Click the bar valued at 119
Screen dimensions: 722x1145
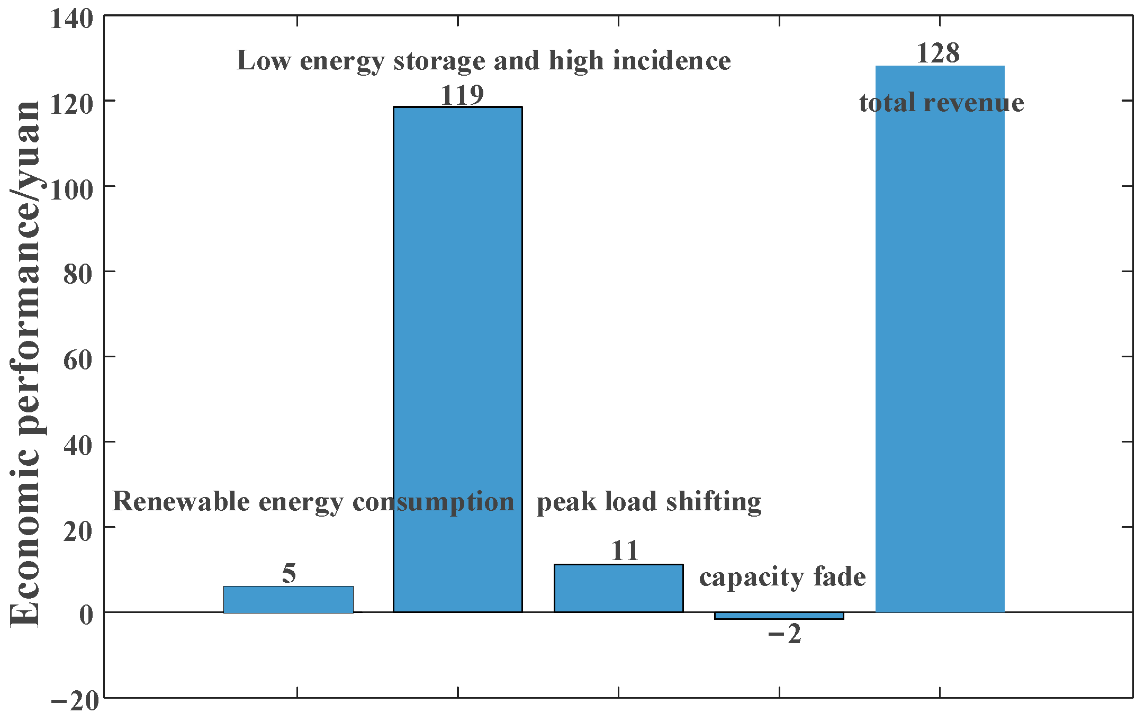pos(457,360)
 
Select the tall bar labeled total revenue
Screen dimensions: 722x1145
pos(940,339)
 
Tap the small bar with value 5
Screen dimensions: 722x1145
pos(288,599)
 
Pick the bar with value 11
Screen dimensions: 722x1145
pos(618,588)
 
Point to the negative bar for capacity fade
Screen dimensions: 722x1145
pos(779,616)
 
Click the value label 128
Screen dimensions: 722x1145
pos(937,53)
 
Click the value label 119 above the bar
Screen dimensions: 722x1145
pos(462,95)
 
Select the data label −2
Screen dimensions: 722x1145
pos(785,634)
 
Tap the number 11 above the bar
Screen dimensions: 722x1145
pos(625,550)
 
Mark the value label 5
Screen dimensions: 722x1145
pos(289,573)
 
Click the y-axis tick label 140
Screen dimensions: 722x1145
pos(71,20)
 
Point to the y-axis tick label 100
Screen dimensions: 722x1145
pos(71,189)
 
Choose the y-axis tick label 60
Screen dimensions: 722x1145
pos(78,360)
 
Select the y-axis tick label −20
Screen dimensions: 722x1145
pos(75,701)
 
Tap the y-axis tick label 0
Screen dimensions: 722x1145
pos(86,615)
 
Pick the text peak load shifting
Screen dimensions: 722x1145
pos(648,501)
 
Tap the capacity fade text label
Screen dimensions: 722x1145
pos(782,576)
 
